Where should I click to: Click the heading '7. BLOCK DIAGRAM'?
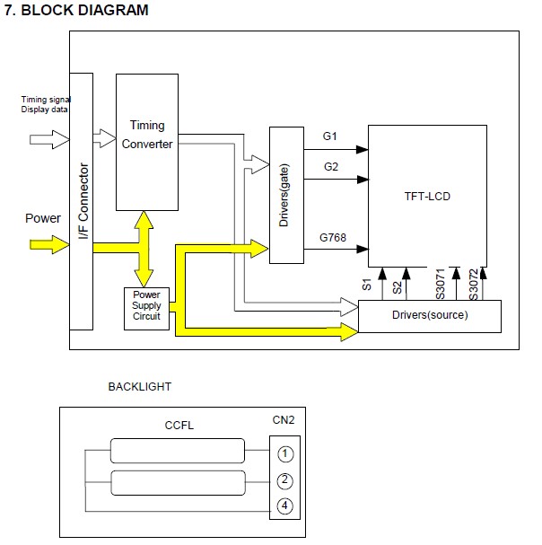pyautogui.click(x=76, y=11)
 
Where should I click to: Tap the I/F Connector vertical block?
pyautogui.click(x=81, y=202)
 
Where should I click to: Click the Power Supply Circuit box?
pyautogui.click(x=146, y=306)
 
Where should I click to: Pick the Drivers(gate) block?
pyautogui.click(x=284, y=195)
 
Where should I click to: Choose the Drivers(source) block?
pyautogui.click(x=429, y=316)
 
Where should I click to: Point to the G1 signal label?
pyautogui.click(x=329, y=136)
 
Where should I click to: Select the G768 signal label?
pyautogui.click(x=333, y=239)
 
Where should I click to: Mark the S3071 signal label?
pyautogui.click(x=441, y=282)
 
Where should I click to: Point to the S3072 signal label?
pyautogui.click(x=473, y=282)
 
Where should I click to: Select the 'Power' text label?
pyautogui.click(x=43, y=218)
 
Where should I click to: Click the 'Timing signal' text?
pyautogui.click(x=46, y=99)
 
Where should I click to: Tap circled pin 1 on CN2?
pyautogui.click(x=284, y=453)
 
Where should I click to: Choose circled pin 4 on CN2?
pyautogui.click(x=284, y=507)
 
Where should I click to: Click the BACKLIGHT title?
pyautogui.click(x=139, y=387)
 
